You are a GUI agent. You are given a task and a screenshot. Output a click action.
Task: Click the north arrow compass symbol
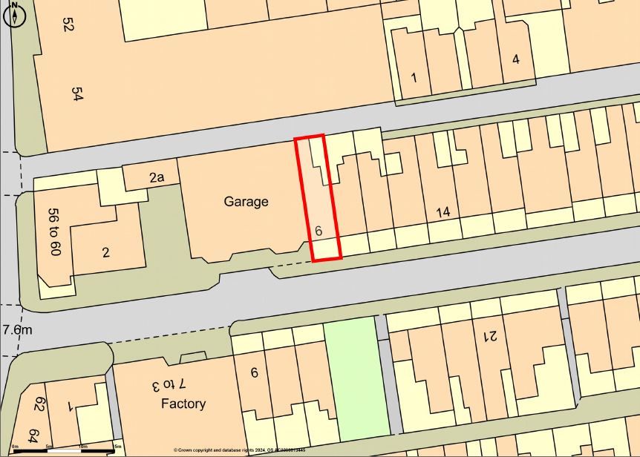pos(14,14)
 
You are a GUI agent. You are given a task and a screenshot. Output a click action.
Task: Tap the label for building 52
pos(69,24)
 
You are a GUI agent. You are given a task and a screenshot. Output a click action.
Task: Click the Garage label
pos(246,201)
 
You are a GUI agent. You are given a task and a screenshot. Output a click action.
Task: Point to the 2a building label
pos(156,177)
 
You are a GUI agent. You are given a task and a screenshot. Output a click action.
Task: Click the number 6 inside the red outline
pos(319,231)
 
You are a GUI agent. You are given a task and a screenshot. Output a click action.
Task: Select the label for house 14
pos(443,212)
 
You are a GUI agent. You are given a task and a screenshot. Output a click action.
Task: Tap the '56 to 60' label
pos(53,231)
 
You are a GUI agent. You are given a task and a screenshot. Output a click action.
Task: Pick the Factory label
pos(183,404)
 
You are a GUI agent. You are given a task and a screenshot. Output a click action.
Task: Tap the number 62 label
pos(40,404)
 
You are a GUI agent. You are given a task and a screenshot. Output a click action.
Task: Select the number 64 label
pos(34,434)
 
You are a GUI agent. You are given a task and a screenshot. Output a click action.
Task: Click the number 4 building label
pos(516,59)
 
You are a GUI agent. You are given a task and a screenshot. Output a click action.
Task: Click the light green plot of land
pos(357,378)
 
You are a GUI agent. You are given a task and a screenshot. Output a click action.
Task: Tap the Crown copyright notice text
pos(239,450)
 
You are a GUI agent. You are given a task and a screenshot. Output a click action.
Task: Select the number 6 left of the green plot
pos(254,372)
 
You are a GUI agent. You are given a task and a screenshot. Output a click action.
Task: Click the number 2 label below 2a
pos(105,252)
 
